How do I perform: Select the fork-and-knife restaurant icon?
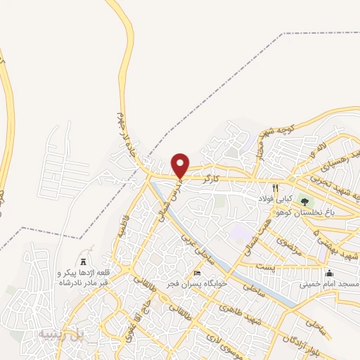276,188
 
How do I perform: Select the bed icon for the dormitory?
198,273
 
